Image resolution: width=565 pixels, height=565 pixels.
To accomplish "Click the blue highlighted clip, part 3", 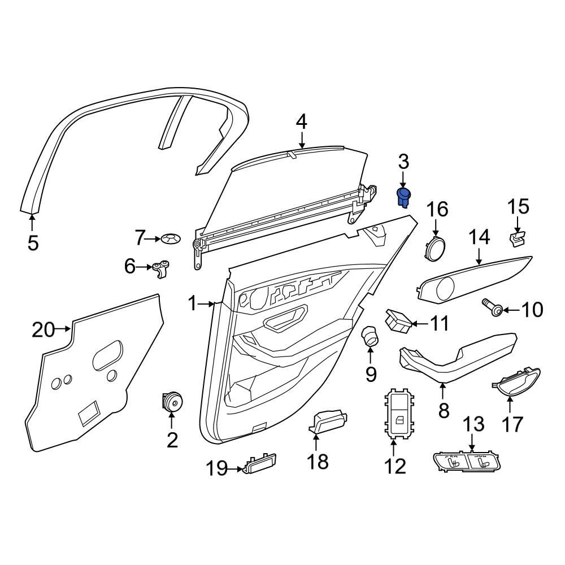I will [404, 197].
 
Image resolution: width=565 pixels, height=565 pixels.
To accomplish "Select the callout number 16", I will [437, 210].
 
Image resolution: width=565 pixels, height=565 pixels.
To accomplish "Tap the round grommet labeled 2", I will [171, 402].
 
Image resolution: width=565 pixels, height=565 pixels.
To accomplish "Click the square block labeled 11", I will [399, 320].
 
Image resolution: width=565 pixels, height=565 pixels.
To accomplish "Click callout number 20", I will [44, 329].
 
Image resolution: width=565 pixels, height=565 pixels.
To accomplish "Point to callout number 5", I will [33, 243].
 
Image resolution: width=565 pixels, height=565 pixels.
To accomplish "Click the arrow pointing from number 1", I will [210, 305].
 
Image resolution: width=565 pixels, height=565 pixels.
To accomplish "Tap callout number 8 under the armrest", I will [444, 411].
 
